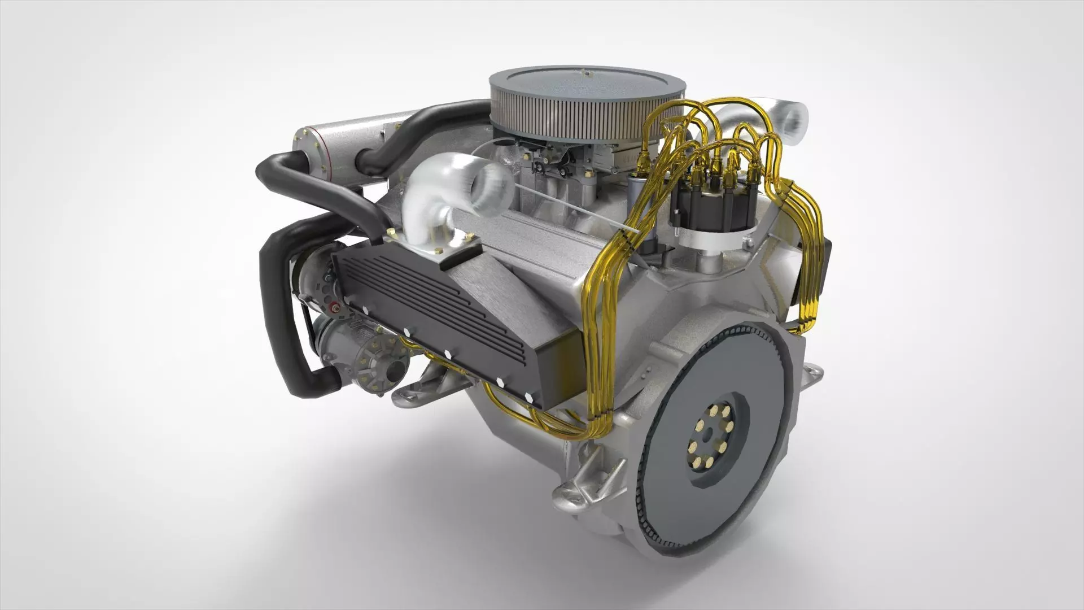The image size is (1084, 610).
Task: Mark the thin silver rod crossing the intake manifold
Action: coord(576,209)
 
